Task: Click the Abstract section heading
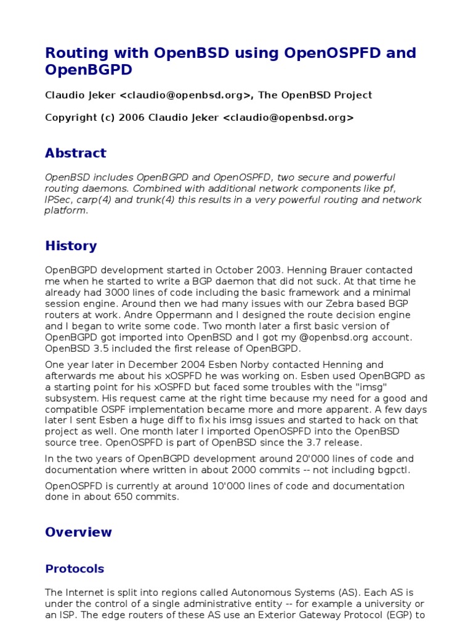[x=75, y=153]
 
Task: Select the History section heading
[x=71, y=246]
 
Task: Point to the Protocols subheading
[x=75, y=569]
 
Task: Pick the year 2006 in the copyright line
[x=132, y=118]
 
